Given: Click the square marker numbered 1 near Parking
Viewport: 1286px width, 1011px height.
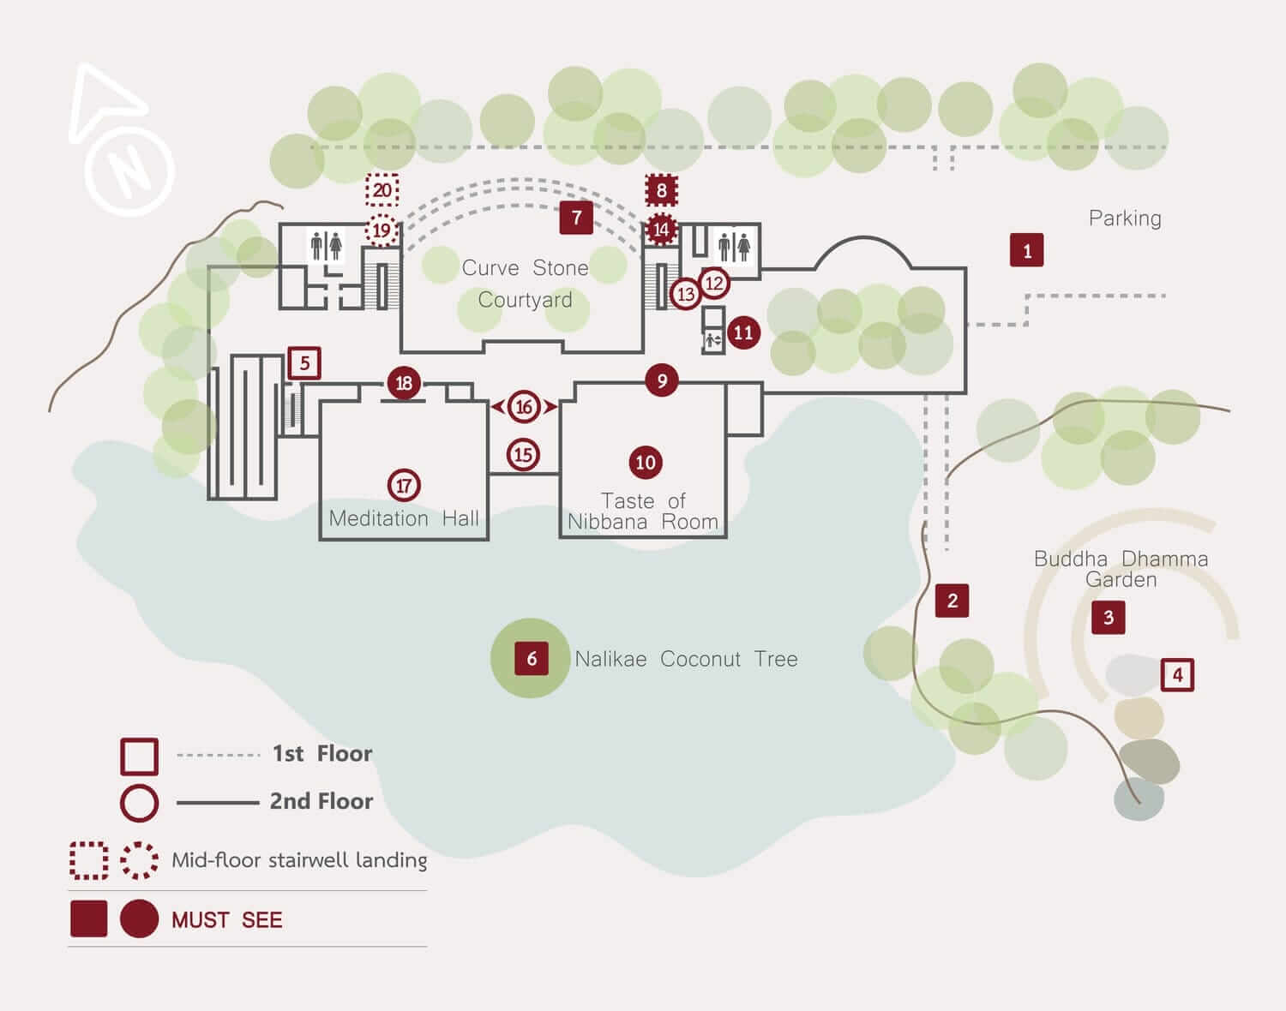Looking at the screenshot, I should [1026, 250].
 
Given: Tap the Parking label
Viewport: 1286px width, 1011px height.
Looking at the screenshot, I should [1125, 218].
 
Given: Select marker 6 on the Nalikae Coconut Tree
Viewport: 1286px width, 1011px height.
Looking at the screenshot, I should [531, 658].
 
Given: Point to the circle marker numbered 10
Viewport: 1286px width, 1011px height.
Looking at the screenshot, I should [645, 463].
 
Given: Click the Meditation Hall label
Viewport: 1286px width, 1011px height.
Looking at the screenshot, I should [404, 518].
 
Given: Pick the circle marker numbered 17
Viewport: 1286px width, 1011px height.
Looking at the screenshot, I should [404, 486].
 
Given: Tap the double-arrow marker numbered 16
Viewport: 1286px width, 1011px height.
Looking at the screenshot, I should [524, 407].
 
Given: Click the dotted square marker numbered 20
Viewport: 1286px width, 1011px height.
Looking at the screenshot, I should [382, 190].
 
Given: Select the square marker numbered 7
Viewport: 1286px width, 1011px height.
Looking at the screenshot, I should [576, 218].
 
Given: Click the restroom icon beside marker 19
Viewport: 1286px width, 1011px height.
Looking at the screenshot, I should [326, 246].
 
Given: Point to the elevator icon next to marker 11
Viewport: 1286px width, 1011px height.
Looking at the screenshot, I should [713, 340].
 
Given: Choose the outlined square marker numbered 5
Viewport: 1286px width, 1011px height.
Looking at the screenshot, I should [304, 363].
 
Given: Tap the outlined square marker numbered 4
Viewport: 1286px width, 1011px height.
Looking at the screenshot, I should [1177, 675].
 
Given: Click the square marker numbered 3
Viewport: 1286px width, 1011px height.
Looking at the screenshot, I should [1108, 617].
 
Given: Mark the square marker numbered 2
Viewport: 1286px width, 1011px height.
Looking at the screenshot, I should [952, 601].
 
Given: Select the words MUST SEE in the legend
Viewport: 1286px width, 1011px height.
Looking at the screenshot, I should [226, 920].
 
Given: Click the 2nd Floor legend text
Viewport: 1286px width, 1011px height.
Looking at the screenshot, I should [321, 801].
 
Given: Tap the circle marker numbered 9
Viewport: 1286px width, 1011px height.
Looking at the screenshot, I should [661, 380].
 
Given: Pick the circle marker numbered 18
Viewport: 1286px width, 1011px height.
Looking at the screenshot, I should [404, 383].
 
